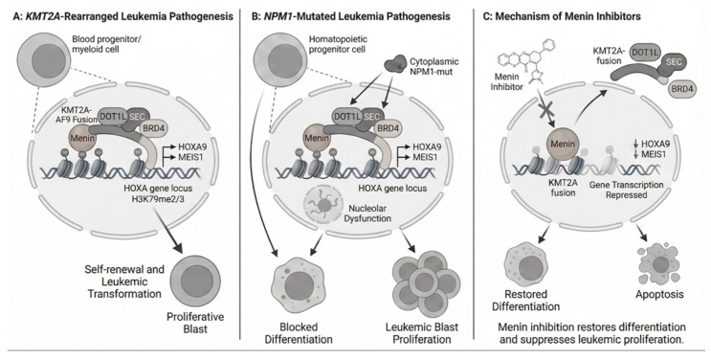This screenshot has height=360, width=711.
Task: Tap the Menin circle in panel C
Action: (x=563, y=145)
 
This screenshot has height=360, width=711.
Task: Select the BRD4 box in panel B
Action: (x=388, y=128)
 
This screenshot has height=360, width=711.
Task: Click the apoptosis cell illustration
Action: (x=659, y=263)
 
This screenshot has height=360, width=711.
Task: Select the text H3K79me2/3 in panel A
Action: (x=161, y=197)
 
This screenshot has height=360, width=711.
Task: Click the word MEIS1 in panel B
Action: (x=426, y=158)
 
